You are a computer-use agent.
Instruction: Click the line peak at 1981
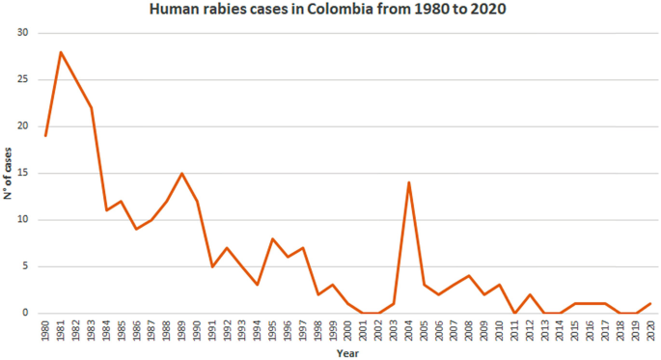click(61, 52)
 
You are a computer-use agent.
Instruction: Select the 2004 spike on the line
click(409, 182)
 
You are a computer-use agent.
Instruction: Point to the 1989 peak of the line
click(181, 174)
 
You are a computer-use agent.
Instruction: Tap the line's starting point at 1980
click(45, 136)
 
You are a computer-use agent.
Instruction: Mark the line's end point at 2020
click(651, 303)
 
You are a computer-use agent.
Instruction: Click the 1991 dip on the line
click(212, 266)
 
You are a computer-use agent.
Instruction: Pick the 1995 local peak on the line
click(273, 238)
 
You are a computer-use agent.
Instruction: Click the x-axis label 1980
click(46, 331)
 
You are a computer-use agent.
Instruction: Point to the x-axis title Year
click(347, 353)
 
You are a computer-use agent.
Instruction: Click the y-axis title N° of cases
click(8, 175)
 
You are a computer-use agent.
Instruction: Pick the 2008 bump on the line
click(470, 275)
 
